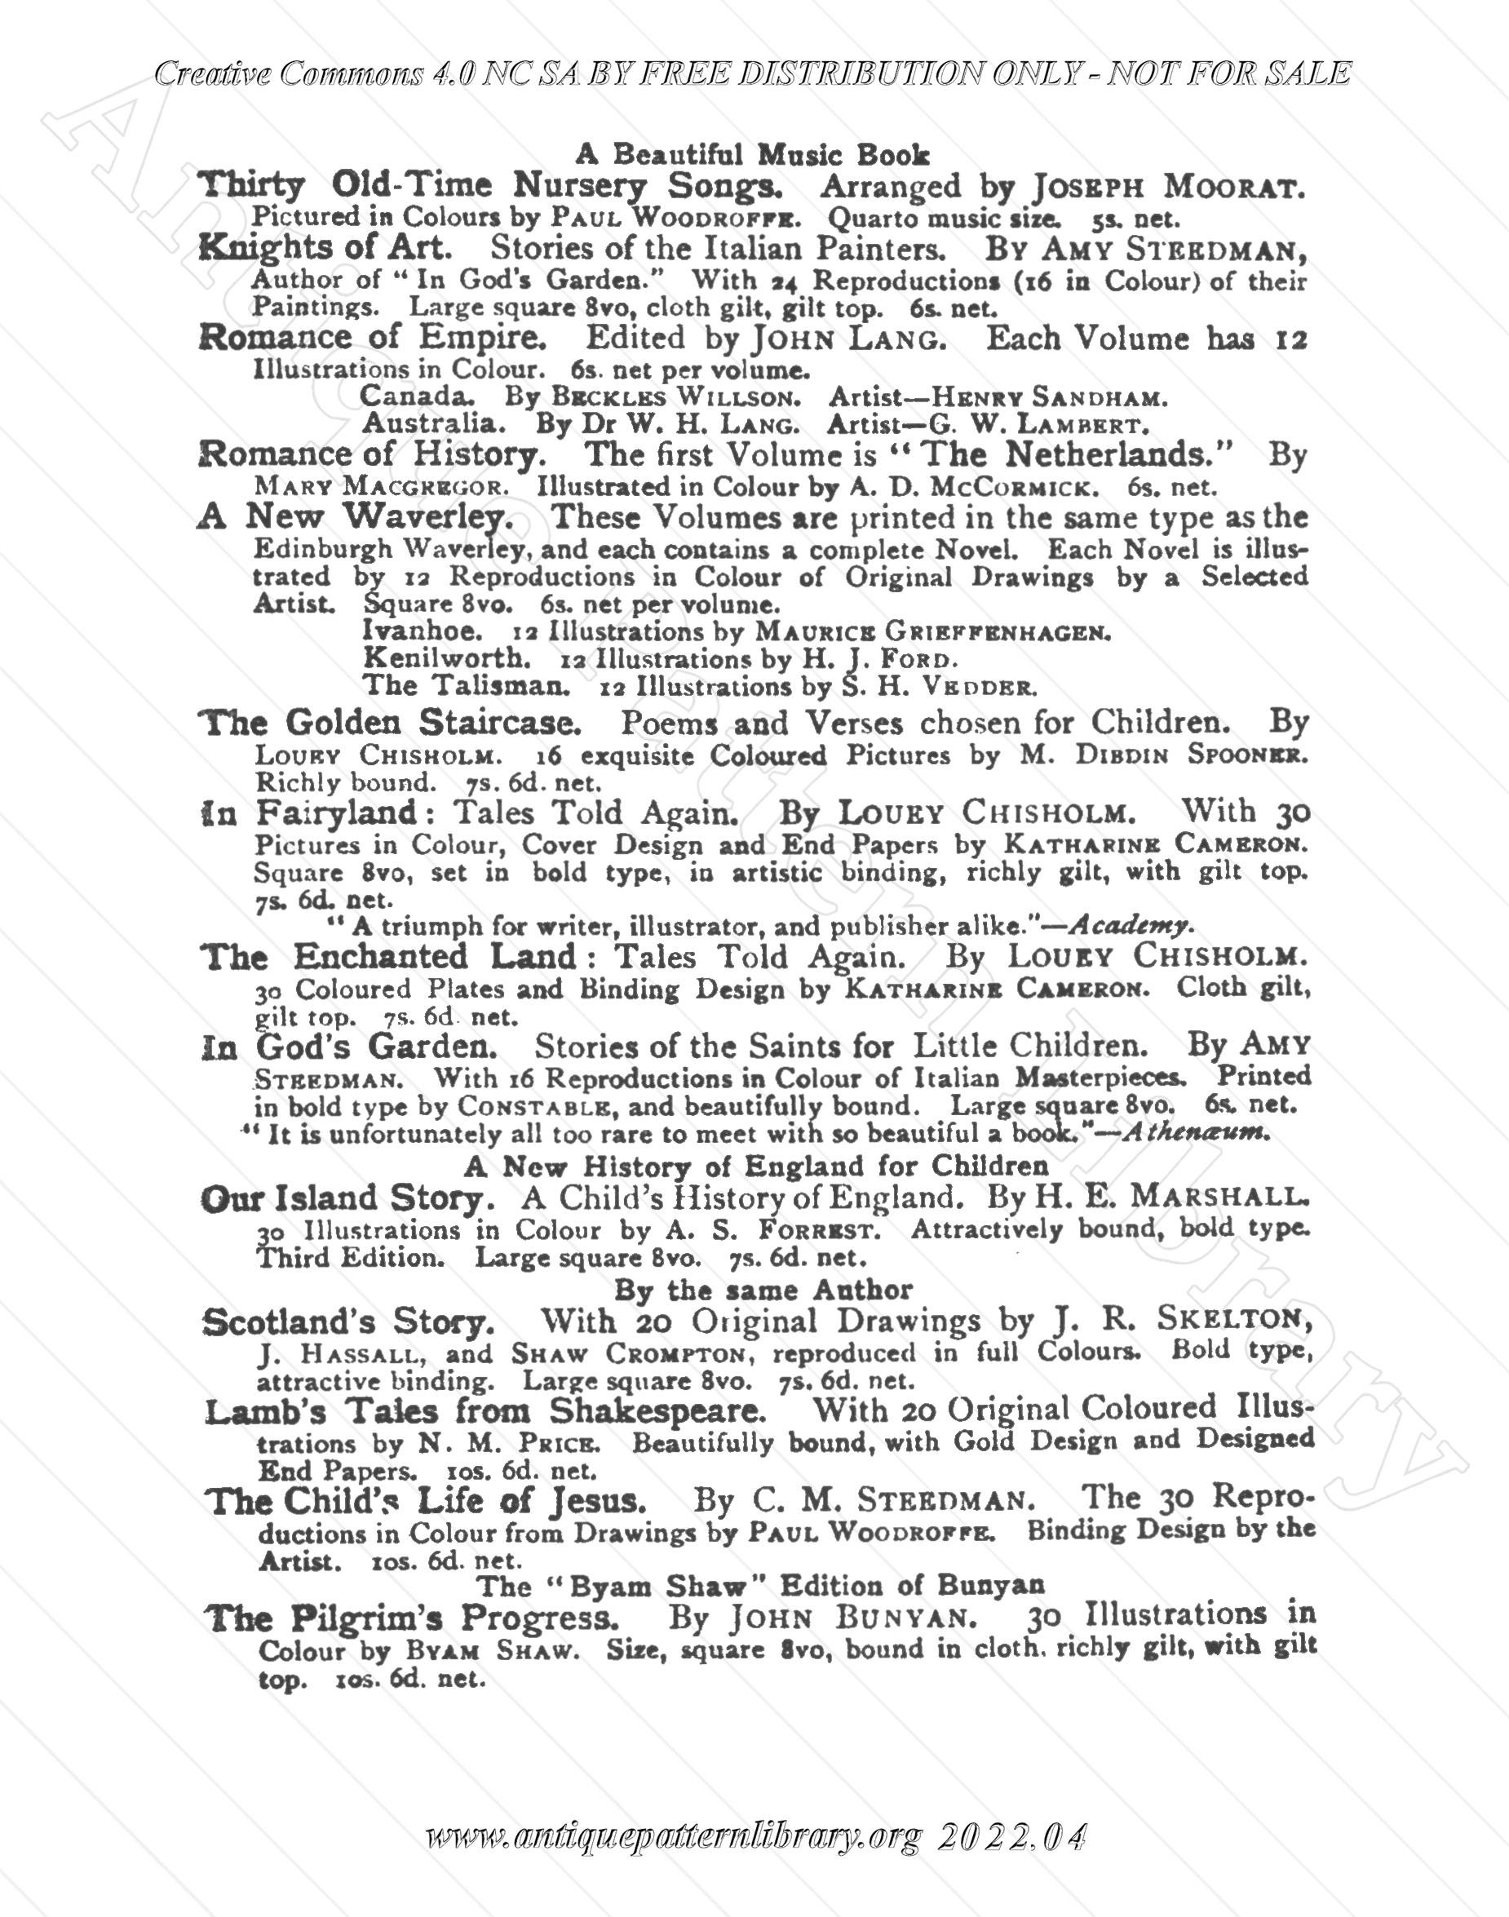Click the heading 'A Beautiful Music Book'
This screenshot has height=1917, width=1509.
[752, 155]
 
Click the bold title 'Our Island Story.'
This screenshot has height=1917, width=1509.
[343, 1199]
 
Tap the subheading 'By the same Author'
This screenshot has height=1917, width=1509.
[763, 1291]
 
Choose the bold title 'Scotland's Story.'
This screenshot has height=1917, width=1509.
[348, 1322]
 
